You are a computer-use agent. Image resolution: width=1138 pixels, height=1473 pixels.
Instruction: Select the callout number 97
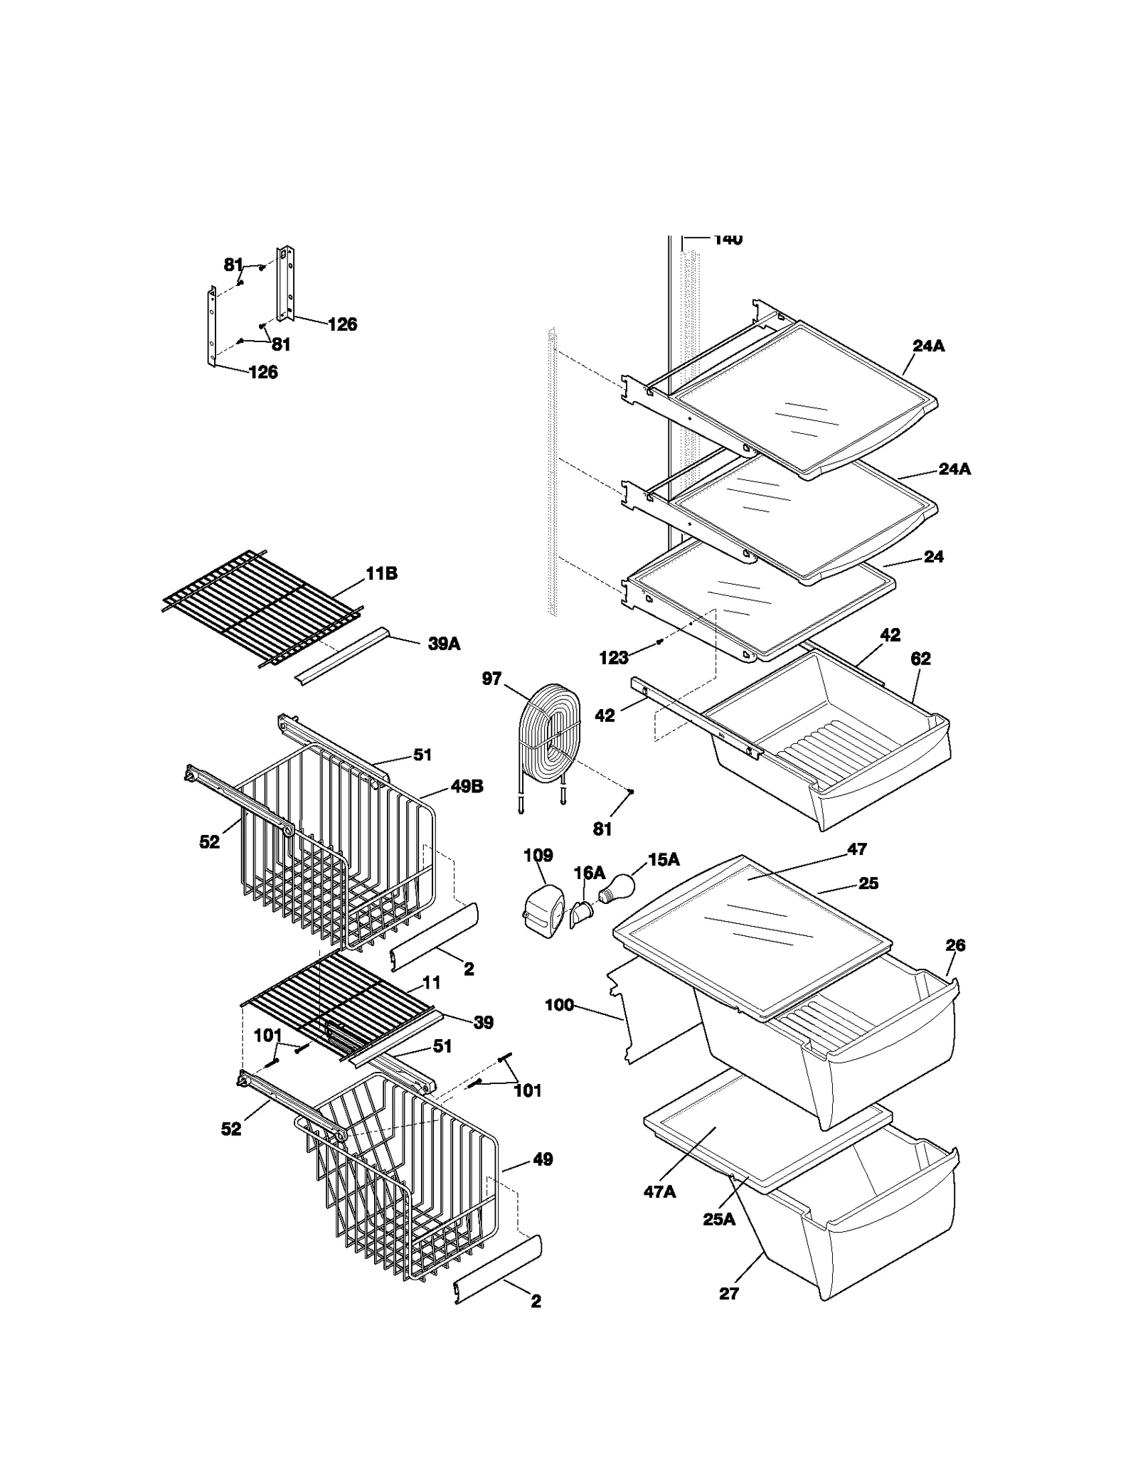(x=491, y=679)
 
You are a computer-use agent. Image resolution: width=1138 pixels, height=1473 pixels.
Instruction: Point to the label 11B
(x=381, y=573)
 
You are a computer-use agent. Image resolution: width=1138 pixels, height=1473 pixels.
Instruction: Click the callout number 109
(x=538, y=855)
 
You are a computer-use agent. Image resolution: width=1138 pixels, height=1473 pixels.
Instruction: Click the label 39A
(x=444, y=644)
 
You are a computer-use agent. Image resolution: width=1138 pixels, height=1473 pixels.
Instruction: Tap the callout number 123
(x=613, y=657)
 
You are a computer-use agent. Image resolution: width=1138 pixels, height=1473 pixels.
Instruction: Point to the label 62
(x=920, y=659)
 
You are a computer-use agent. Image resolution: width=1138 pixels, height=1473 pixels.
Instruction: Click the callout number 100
(x=559, y=1005)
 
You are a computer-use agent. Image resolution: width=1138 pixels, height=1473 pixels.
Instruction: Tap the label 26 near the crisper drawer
(x=955, y=945)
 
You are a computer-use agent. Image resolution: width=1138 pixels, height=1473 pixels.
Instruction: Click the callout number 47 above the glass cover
(x=857, y=849)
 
